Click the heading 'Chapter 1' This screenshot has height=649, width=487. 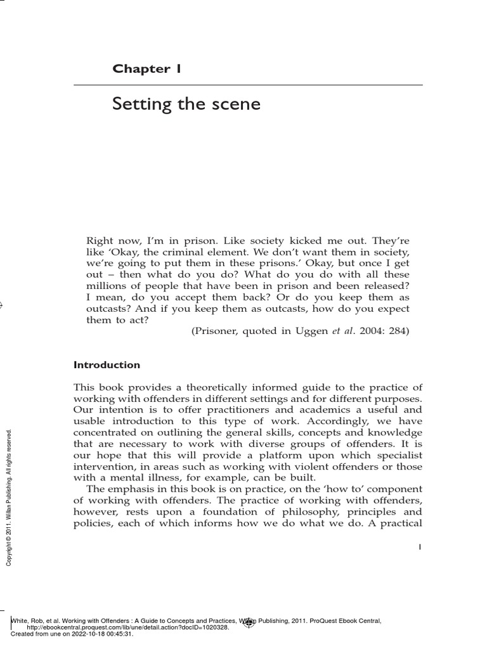pos(147,68)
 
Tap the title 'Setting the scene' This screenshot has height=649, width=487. pos(186,103)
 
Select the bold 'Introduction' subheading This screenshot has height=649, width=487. pos(107,365)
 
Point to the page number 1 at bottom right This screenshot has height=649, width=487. pos(420,548)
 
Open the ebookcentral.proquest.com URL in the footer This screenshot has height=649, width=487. pos(127,627)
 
